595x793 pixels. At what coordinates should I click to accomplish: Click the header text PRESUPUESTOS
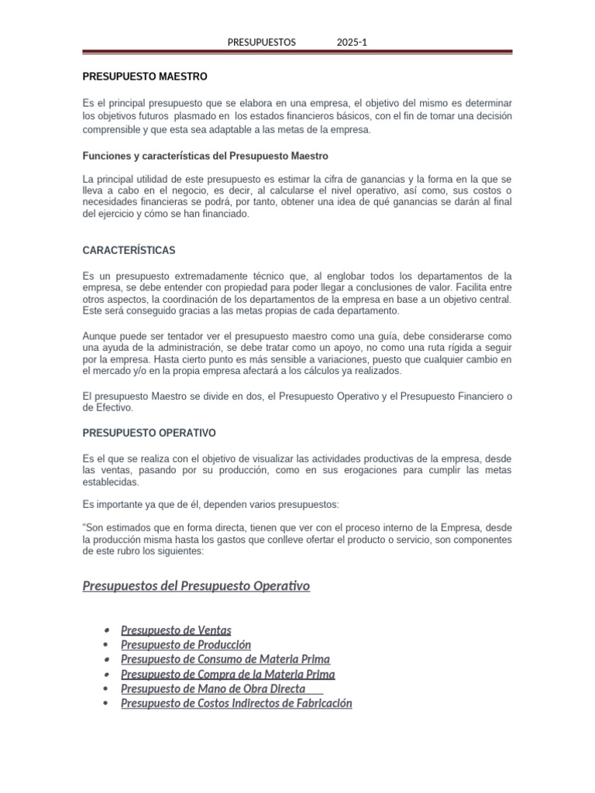pyautogui.click(x=262, y=43)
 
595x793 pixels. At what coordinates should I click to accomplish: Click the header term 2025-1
pyautogui.click(x=352, y=43)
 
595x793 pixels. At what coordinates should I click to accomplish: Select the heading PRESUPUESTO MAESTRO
pyautogui.click(x=145, y=77)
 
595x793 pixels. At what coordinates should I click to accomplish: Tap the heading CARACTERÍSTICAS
pyautogui.click(x=129, y=251)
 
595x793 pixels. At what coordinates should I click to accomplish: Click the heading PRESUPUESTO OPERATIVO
pyautogui.click(x=149, y=432)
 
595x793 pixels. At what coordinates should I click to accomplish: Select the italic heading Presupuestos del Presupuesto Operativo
pyautogui.click(x=196, y=585)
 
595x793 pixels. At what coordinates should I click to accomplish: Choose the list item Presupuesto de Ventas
pyautogui.click(x=176, y=630)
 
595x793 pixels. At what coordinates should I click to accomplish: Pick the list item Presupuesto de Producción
pyautogui.click(x=186, y=644)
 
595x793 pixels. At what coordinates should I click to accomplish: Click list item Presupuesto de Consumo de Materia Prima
pyautogui.click(x=225, y=659)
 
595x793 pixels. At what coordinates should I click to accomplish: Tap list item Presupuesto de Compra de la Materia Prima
pyautogui.click(x=228, y=674)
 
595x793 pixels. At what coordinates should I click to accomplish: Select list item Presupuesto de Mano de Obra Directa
pyautogui.click(x=213, y=688)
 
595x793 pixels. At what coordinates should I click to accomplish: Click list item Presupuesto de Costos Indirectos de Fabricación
pyautogui.click(x=236, y=703)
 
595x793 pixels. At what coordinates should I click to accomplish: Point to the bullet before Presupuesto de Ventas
pyautogui.click(x=105, y=630)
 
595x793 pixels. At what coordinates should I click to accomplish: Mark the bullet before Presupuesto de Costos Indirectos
pyautogui.click(x=105, y=703)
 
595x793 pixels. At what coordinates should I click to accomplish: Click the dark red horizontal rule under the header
pyautogui.click(x=297, y=53)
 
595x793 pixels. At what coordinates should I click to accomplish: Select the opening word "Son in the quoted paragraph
pyautogui.click(x=94, y=528)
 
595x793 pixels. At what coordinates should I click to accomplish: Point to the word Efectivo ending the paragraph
pyautogui.click(x=114, y=407)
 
